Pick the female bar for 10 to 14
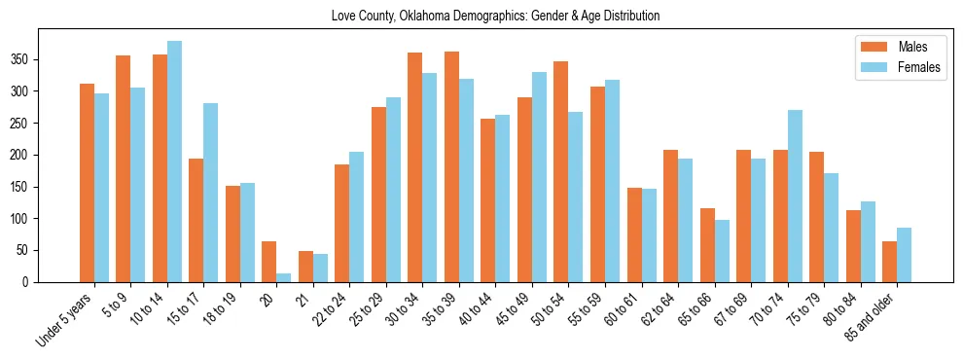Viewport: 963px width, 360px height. (x=174, y=162)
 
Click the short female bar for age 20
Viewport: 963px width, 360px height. (x=284, y=277)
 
